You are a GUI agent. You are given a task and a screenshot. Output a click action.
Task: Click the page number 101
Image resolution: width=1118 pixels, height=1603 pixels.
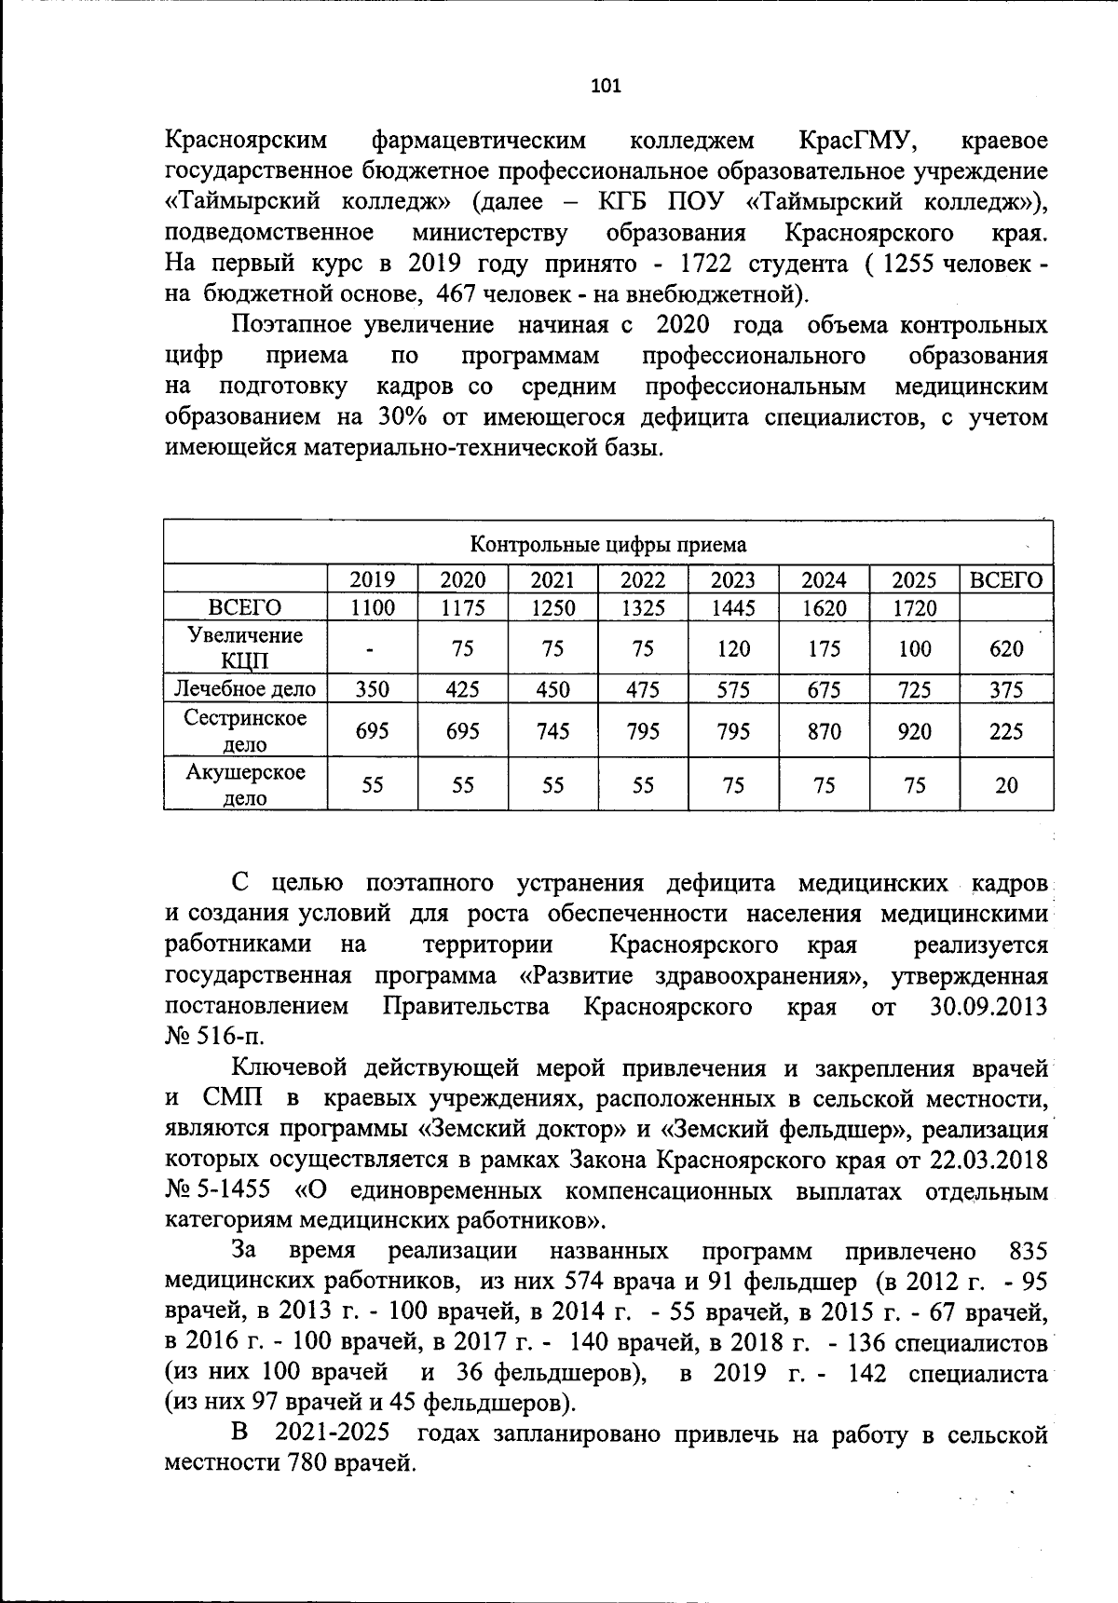point(606,87)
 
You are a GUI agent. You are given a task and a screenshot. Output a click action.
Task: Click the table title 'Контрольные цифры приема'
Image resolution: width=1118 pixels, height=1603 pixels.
point(607,545)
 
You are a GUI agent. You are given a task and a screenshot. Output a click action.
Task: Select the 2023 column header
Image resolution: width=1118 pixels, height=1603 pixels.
point(733,580)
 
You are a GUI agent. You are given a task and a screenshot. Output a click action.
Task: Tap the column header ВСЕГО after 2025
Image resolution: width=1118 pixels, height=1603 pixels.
point(1006,580)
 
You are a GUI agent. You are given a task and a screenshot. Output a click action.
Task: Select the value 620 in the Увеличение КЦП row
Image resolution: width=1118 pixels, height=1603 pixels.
point(1006,649)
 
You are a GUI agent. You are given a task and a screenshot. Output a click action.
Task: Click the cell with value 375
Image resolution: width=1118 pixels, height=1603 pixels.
point(1006,690)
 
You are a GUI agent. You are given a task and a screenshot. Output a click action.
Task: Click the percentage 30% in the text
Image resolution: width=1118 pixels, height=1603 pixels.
point(402,417)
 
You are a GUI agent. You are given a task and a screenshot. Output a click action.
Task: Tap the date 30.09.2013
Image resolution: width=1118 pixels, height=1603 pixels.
point(988,1007)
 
